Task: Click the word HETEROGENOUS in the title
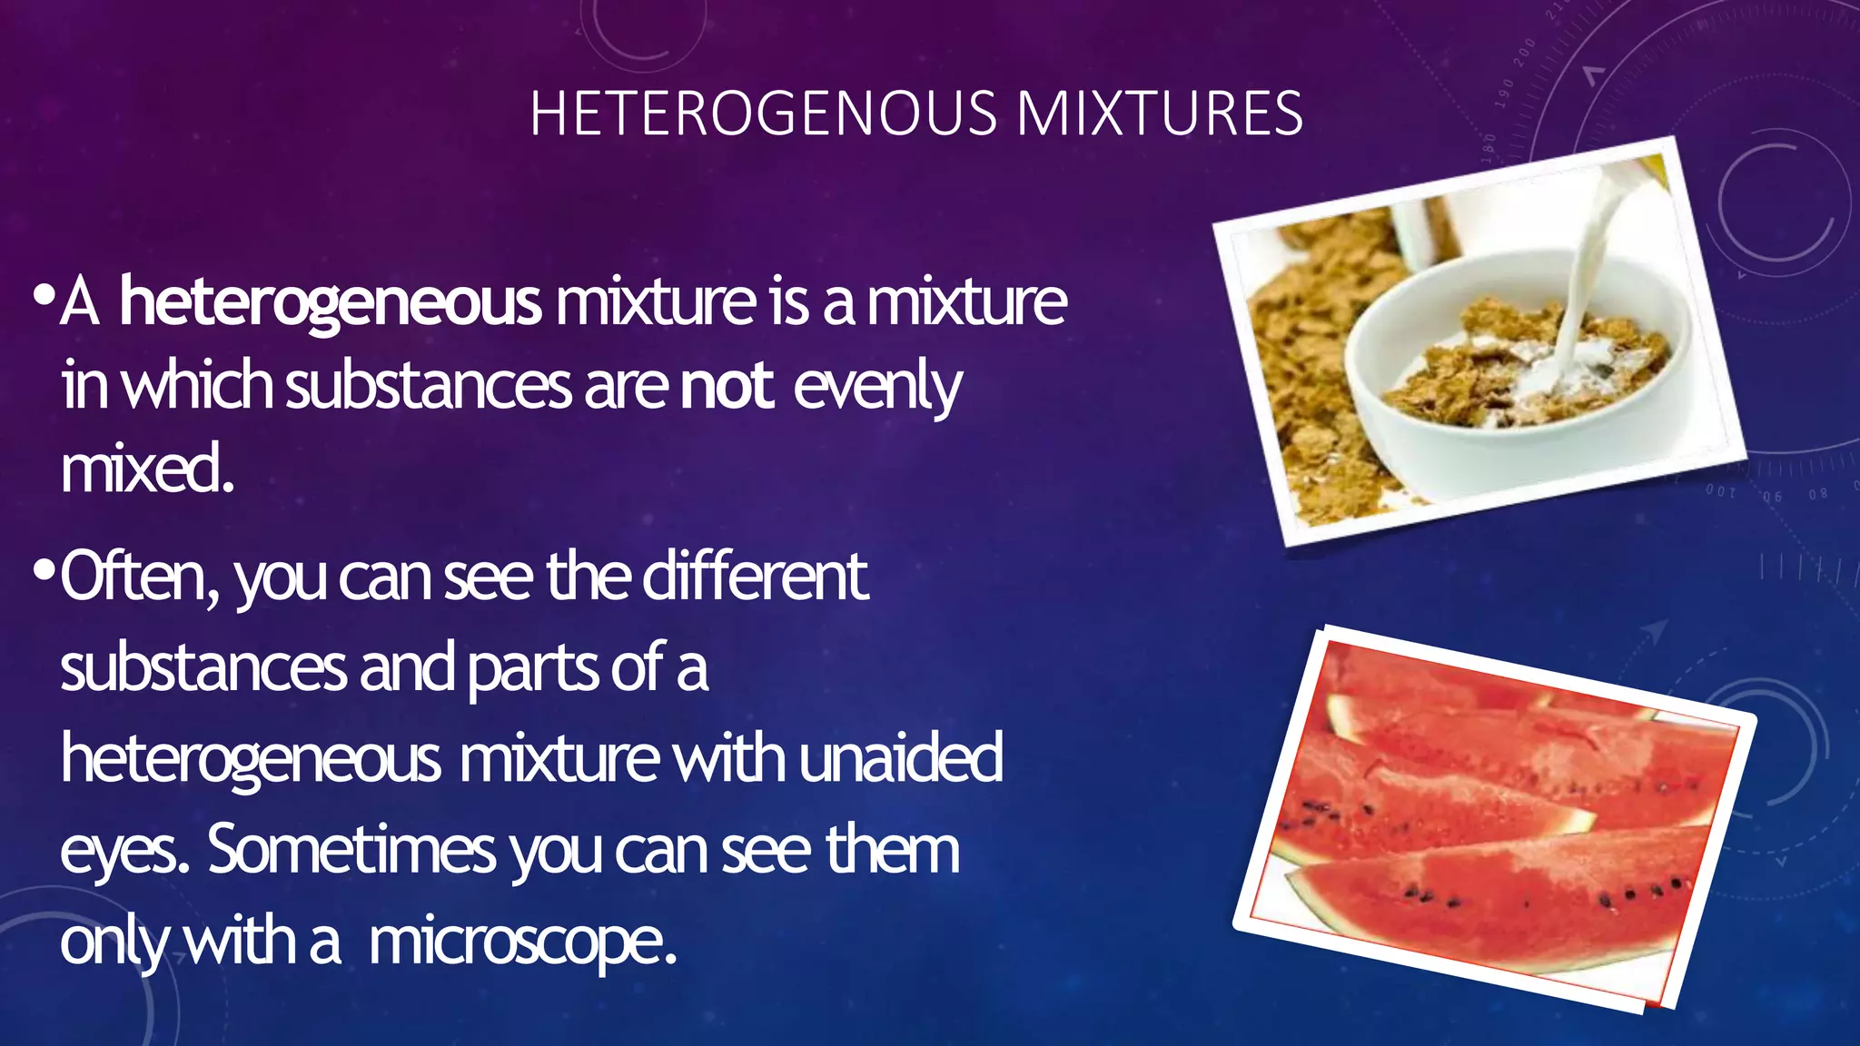pyautogui.click(x=763, y=114)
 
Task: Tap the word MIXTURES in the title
pyautogui.click(x=1160, y=114)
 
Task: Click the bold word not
pyautogui.click(x=727, y=386)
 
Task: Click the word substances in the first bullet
pyautogui.click(x=429, y=386)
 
